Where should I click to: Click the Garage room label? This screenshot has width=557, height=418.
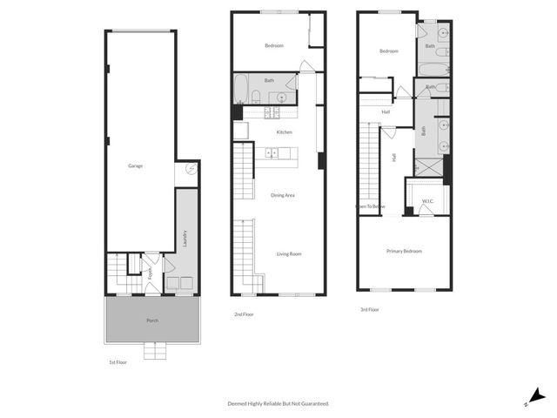135,165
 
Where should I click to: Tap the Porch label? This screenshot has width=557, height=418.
152,320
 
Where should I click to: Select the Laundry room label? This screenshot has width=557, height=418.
185,238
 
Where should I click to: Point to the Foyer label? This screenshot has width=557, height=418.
150,272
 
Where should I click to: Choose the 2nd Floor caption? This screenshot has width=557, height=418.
244,313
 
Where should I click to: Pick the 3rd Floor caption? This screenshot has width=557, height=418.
369,309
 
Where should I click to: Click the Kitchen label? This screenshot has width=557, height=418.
284,132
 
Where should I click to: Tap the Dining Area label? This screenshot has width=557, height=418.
283,195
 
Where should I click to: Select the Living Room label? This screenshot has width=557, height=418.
289,253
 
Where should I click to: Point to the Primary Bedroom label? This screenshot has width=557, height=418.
404,251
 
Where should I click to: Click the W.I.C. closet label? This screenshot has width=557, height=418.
428,202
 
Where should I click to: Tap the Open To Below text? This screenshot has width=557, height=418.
369,206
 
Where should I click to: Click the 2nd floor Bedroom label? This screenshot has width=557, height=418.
274,45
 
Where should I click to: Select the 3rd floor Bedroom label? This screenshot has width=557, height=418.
388,51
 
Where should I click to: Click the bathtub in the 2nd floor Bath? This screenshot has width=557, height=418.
243,91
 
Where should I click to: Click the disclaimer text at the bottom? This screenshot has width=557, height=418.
278,403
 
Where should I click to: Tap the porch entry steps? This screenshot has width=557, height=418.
154,350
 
